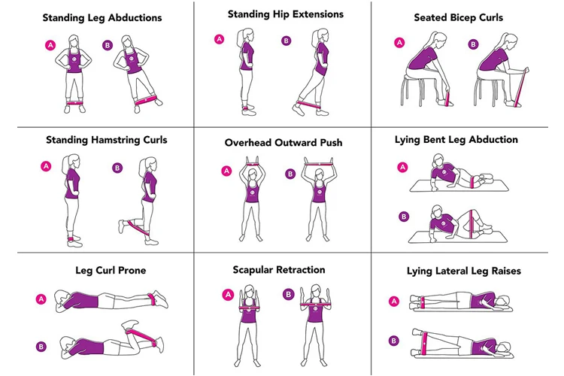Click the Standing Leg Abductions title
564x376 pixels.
tap(102, 17)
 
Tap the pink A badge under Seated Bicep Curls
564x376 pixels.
tap(399, 42)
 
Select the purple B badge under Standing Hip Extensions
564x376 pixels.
tap(286, 41)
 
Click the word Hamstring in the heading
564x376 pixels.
tap(115, 140)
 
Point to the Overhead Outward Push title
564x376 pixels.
tap(284, 142)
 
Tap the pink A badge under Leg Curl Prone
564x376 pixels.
tap(41, 299)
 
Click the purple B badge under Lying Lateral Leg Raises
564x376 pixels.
tap(394, 341)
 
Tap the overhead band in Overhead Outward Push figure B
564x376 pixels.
tap(319, 164)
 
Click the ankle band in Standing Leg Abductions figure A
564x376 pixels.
tap(74, 103)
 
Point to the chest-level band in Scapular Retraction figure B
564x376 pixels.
tap(316, 305)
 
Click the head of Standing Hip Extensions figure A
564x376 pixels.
tap(247, 35)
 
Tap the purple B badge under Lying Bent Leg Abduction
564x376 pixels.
tap(404, 217)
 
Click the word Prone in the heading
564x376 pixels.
tap(132, 271)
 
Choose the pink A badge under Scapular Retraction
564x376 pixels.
tap(228, 295)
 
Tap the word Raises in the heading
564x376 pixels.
tap(506, 271)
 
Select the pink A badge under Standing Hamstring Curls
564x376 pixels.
tap(46, 166)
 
